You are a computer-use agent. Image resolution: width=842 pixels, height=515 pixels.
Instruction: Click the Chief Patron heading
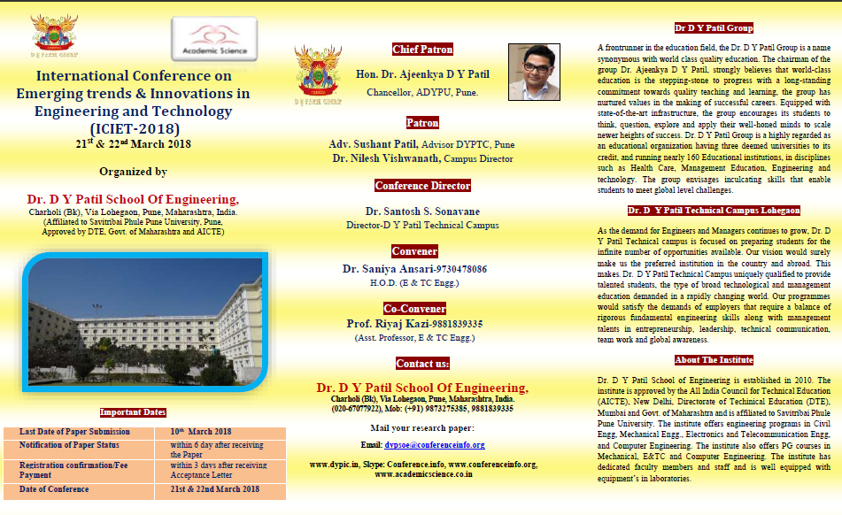422,50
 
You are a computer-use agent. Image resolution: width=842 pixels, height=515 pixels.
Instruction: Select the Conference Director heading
422,186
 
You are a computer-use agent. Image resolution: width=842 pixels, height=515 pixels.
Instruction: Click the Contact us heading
422,364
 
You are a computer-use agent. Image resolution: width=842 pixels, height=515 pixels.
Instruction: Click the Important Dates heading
133,412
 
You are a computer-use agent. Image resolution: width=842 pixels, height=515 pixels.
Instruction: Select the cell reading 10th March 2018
200,432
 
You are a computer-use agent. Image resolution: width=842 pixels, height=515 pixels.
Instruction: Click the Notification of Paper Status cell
69,445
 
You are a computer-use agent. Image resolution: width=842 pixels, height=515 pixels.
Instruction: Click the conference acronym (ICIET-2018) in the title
134,127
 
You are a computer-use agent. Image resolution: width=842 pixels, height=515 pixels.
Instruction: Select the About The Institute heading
714,360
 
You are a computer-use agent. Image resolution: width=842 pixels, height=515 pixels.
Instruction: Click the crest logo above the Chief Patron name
320,74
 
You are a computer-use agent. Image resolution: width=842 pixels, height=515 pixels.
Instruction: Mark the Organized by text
133,172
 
